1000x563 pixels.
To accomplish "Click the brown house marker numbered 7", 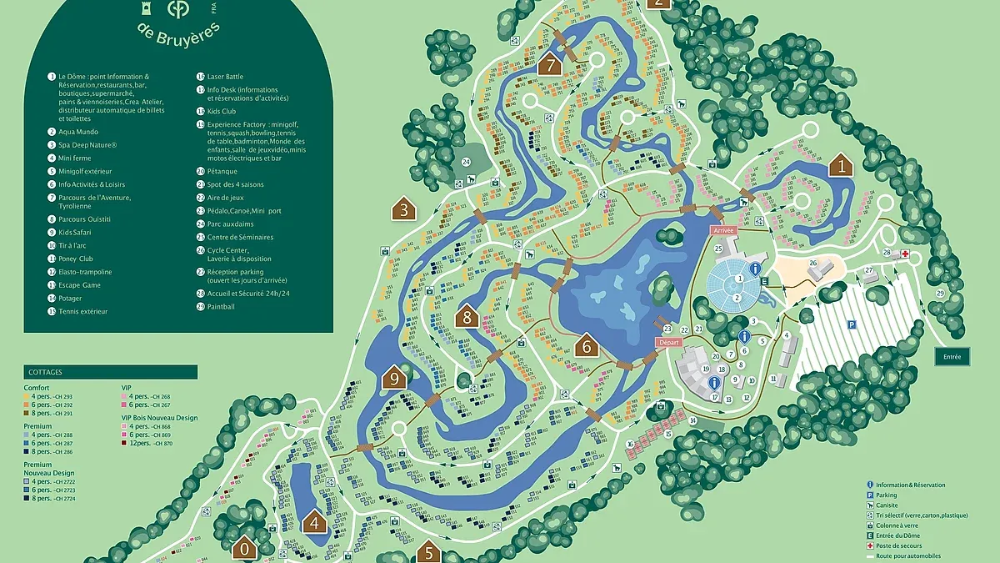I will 548,63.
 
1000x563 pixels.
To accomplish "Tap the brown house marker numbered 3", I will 404,209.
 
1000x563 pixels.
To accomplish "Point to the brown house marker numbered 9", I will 395,378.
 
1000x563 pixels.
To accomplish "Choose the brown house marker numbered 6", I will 587,345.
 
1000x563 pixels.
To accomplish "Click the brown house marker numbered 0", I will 245,549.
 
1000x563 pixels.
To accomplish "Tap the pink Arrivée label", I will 722,229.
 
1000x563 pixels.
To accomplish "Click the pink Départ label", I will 669,343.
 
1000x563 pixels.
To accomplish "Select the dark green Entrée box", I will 952,356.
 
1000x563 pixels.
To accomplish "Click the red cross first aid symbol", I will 903,254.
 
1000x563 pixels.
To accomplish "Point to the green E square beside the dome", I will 764,282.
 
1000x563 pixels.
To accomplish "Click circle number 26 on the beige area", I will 813,263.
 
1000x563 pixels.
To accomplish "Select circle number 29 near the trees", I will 941,294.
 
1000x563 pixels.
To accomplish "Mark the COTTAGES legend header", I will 46,372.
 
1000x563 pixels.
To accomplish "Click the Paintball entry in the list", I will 221,307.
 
